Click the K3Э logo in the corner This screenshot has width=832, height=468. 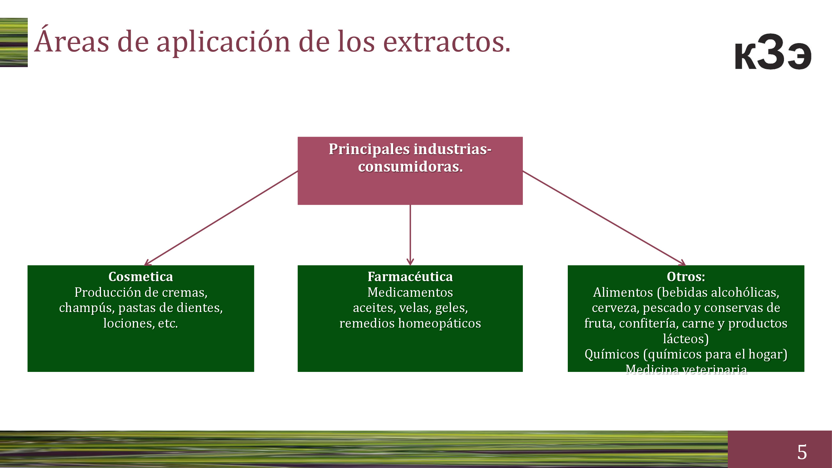[773, 52]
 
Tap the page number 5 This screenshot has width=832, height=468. [802, 452]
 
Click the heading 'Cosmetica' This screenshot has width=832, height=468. [140, 277]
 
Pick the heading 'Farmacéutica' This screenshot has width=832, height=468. [410, 277]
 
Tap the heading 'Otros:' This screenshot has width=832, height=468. [686, 277]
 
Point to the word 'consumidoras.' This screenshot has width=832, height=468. [410, 167]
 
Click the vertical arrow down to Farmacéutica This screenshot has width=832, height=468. [410, 235]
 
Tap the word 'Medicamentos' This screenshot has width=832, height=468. [410, 292]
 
